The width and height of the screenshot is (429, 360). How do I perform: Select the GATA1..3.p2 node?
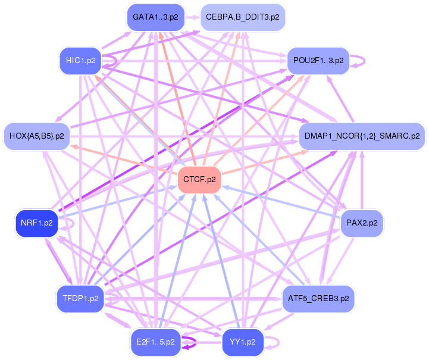click(x=155, y=17)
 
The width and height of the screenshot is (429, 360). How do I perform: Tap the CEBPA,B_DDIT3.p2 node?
click(x=242, y=17)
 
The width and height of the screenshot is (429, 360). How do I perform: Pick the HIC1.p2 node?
click(x=81, y=61)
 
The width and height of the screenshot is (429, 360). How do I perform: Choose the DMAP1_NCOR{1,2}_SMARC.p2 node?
click(x=362, y=136)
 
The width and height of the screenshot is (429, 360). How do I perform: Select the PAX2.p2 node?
click(x=361, y=224)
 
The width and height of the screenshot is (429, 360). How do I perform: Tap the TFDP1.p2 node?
click(x=80, y=298)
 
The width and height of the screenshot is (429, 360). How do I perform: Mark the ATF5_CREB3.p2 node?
click(x=318, y=298)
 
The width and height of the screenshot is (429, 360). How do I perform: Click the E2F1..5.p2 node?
click(x=155, y=342)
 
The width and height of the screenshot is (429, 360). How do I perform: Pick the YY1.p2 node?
click(x=242, y=342)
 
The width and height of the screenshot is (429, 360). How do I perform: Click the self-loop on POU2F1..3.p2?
click(x=358, y=60)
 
